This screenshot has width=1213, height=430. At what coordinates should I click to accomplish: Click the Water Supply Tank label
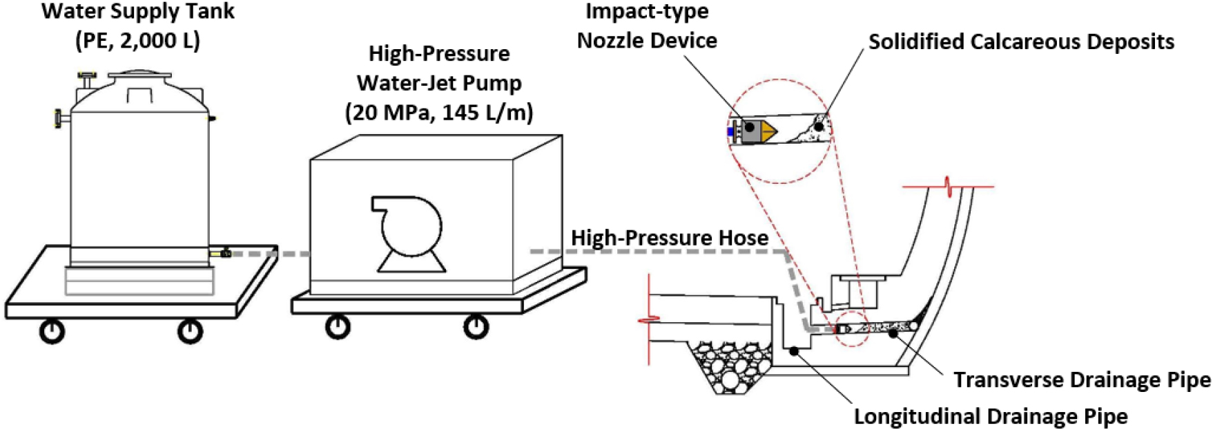point(138,12)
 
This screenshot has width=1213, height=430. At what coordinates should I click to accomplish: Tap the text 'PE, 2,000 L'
point(138,41)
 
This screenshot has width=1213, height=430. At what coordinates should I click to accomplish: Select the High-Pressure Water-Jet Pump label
point(439,68)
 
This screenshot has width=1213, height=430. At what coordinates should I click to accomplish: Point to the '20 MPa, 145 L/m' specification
point(439,111)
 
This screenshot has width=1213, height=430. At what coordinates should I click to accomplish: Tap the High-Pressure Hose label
point(670,239)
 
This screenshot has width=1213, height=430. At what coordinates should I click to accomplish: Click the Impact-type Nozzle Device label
point(647,26)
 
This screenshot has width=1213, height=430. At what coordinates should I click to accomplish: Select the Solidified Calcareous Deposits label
point(1021,41)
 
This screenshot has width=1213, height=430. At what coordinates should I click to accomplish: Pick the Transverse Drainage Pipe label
point(1082,380)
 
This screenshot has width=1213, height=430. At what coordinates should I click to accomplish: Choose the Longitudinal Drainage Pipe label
point(991,416)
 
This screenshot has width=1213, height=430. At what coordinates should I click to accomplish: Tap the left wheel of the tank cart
point(52,331)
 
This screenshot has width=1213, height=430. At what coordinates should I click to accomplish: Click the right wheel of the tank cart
point(190,331)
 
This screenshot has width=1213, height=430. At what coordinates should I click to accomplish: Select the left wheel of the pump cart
point(338,326)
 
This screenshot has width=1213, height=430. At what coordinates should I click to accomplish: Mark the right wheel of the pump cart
point(476,326)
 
